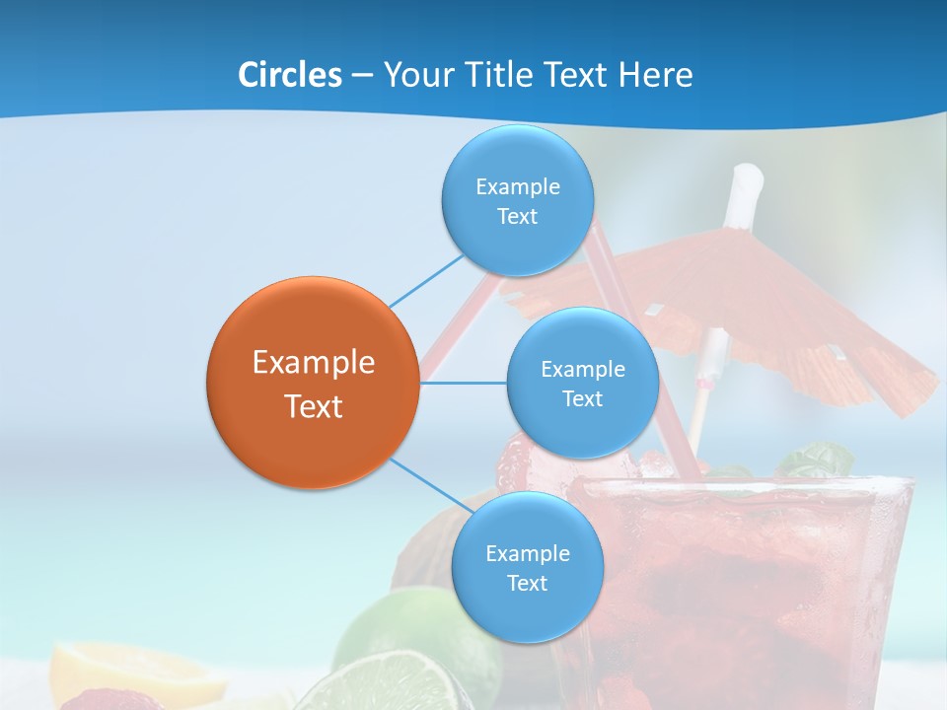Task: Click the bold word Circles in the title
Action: coord(290,74)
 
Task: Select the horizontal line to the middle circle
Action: coord(464,383)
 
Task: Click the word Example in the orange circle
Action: coord(314,363)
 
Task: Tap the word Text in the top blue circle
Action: coord(518,217)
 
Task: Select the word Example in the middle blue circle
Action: coord(583,370)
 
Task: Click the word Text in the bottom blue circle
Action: coord(528,584)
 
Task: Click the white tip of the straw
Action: coord(747,182)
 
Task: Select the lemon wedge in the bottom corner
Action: coord(138,671)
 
